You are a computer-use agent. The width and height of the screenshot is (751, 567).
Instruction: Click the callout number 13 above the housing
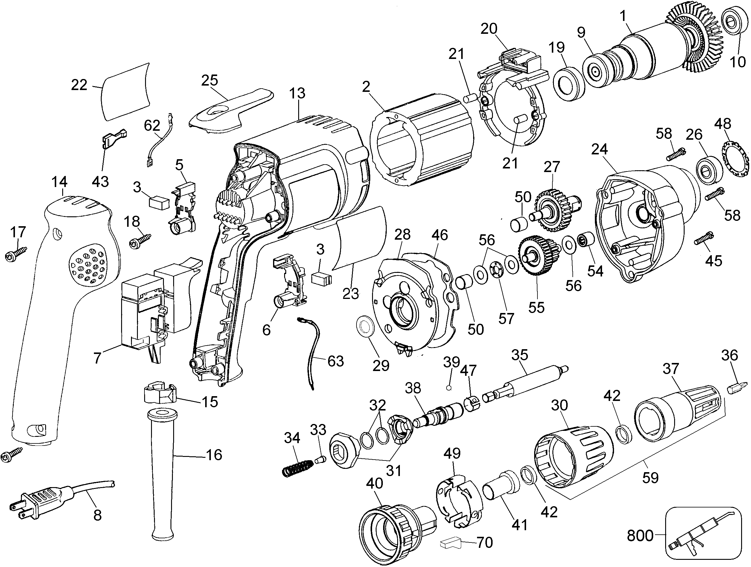[297, 93]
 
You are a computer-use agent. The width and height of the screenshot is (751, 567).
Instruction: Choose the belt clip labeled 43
[113, 138]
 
